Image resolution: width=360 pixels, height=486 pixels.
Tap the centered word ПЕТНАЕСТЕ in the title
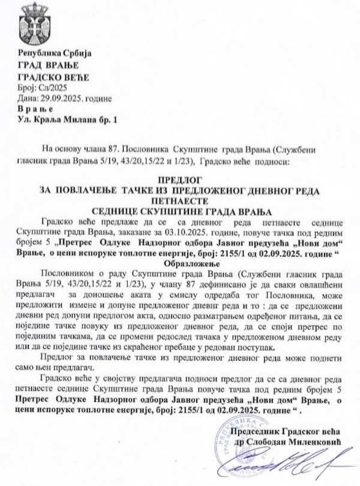point(180,200)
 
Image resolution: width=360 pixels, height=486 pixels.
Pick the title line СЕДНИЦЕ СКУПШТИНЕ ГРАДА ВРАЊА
point(180,211)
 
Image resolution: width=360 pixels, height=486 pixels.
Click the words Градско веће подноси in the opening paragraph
point(251,161)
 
